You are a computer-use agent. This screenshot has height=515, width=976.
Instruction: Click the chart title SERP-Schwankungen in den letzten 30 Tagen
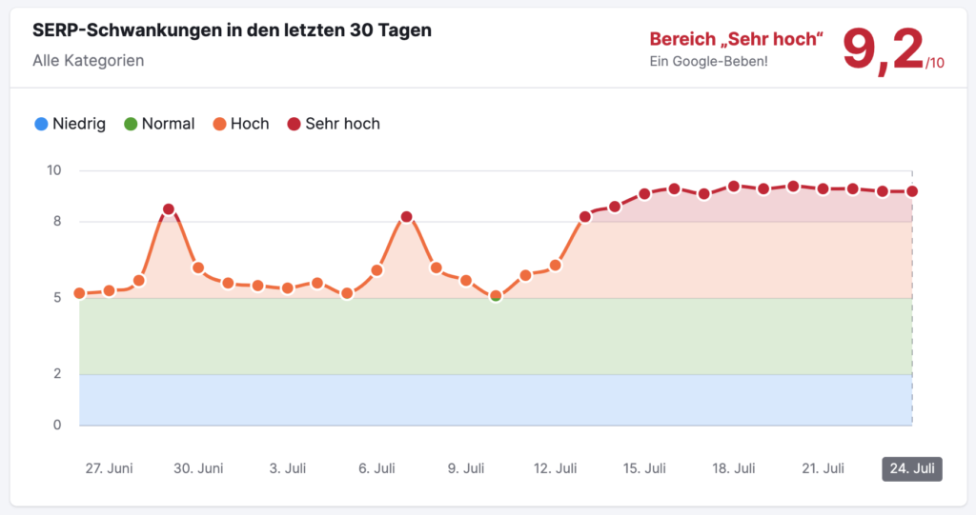[232, 30]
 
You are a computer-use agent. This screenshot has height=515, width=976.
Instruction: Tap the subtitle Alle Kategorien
[88, 60]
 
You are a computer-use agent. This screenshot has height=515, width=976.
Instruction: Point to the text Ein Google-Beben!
[708, 62]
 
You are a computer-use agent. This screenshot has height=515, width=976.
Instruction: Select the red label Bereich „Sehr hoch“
[737, 39]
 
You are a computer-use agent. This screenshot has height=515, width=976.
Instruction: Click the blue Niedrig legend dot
[41, 124]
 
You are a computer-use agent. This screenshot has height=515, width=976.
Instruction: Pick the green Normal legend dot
[131, 124]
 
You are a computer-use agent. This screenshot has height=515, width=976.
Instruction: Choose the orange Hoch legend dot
[219, 124]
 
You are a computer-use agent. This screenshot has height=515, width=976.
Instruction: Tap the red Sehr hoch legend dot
[294, 124]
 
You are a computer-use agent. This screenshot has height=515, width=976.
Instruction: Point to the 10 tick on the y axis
[54, 170]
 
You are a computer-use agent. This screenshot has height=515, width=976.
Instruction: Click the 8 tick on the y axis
[57, 222]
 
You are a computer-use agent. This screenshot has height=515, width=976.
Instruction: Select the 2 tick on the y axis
[57, 374]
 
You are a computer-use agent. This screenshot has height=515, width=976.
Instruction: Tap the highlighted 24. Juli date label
[911, 468]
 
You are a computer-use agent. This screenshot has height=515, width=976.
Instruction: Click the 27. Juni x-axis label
[109, 468]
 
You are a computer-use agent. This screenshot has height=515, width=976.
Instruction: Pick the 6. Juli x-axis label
[376, 468]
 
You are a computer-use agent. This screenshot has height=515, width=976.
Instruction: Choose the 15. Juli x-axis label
[644, 468]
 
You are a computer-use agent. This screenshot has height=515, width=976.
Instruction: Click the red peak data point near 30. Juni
[169, 209]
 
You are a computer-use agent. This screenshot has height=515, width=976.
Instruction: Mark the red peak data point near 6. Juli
[407, 217]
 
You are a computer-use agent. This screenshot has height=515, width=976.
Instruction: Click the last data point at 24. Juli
[912, 191]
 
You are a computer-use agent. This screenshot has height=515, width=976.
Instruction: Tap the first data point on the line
[80, 293]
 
